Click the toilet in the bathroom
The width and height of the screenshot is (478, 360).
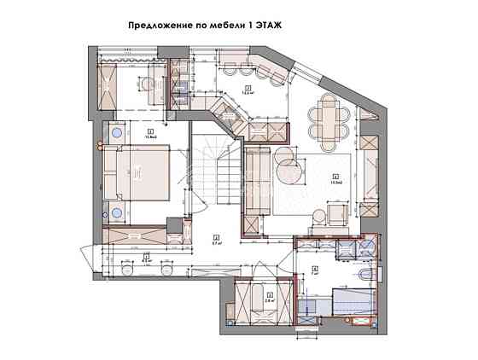pyautogui.click(x=364, y=276)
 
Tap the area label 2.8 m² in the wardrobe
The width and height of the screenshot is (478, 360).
pyautogui.click(x=269, y=299)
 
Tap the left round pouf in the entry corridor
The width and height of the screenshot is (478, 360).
pyautogui.click(x=128, y=270)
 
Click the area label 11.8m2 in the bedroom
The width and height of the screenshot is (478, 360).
pyautogui.click(x=128, y=135)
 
